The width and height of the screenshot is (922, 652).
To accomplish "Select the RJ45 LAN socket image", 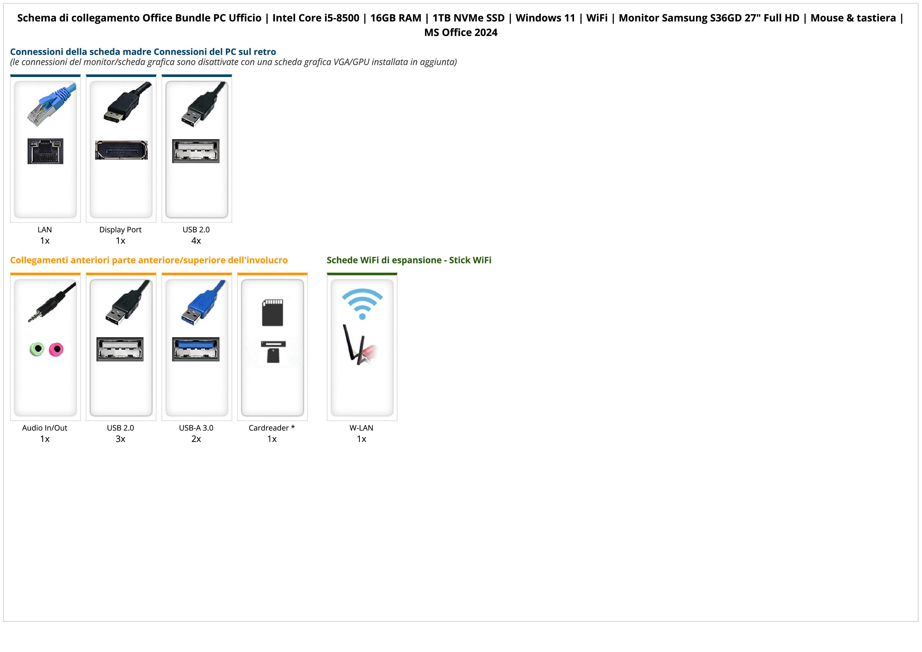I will click(45, 151).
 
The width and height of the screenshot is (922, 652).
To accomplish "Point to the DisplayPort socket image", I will click(121, 150).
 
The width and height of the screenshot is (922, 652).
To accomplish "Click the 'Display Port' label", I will click(120, 230).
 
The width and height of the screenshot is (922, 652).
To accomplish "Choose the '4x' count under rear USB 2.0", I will click(196, 241).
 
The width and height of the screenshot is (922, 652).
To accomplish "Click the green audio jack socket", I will click(37, 349).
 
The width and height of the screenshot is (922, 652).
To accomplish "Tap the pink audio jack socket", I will click(56, 350).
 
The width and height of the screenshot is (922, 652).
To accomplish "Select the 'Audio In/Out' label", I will click(45, 428).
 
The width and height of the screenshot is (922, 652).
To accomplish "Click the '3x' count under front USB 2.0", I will click(120, 439).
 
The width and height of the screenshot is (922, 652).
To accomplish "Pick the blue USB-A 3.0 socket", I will click(196, 349).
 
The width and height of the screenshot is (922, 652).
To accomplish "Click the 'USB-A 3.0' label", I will click(196, 428).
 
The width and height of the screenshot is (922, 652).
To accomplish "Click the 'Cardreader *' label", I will click(272, 428).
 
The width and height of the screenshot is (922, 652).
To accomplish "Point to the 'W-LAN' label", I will click(361, 428).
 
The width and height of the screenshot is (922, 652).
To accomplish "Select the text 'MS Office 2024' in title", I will click(460, 33).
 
